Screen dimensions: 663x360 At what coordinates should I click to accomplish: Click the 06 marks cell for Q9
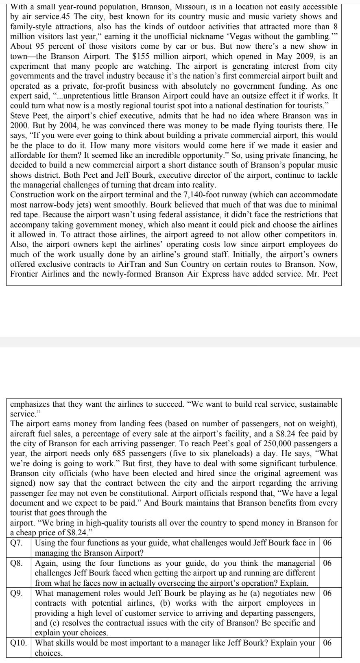[x=328, y=593]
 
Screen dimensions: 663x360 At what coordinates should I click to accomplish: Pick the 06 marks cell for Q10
[x=328, y=643]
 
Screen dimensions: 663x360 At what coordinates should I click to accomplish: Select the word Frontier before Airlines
[x=25, y=274]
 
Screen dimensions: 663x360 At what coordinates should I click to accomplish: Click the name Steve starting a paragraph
[x=19, y=116]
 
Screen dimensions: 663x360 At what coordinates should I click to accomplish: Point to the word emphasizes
[x=28, y=404]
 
